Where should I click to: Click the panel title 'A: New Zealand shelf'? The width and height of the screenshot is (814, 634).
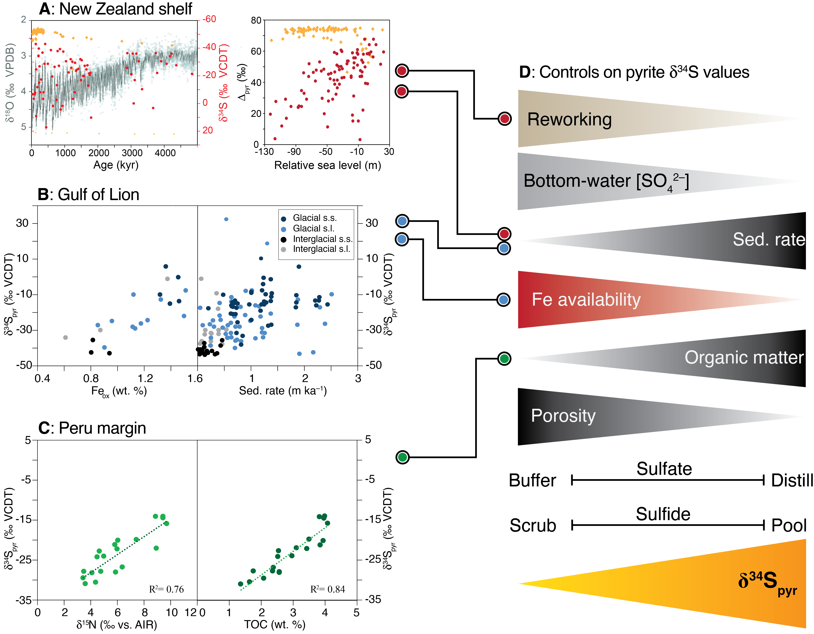[x=116, y=9]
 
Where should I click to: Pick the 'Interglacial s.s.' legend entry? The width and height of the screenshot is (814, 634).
[x=322, y=239]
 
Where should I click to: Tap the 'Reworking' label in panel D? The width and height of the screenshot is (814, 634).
[x=569, y=119]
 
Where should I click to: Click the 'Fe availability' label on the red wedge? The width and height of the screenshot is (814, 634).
[x=586, y=299]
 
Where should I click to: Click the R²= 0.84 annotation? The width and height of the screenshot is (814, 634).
[x=328, y=589]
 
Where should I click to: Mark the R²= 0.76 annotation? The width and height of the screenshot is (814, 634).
[x=166, y=589]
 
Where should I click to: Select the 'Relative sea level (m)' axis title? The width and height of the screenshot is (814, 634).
[x=328, y=165]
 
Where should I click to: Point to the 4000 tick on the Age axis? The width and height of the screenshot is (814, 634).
[x=165, y=153]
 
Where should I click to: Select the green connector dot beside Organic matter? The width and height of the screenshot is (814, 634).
[x=504, y=359]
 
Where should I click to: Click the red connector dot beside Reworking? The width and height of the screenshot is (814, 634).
[x=504, y=119]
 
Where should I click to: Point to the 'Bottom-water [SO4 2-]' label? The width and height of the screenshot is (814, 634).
[x=606, y=181]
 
